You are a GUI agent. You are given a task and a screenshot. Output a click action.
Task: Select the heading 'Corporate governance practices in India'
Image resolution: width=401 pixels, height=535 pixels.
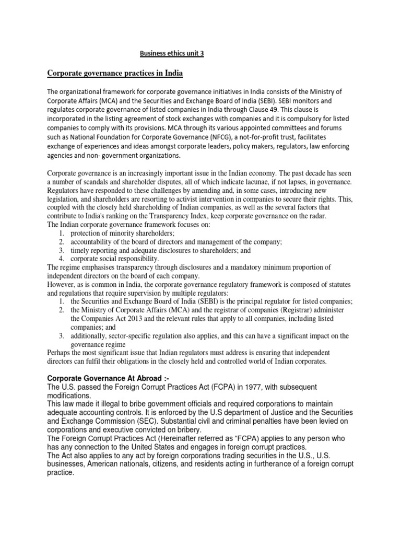(115, 73)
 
